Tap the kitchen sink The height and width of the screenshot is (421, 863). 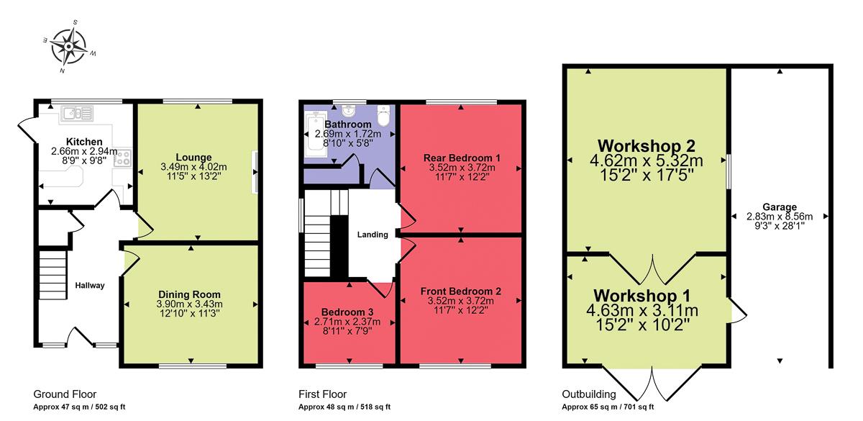pos(77,113)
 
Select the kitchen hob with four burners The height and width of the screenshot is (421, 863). pos(122,158)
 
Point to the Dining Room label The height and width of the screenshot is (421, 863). pos(191,294)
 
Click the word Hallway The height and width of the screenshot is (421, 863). pos(90,286)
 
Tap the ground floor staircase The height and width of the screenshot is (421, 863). pos(52,274)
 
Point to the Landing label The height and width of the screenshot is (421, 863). pos(373,235)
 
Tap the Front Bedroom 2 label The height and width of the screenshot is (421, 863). pos(461,291)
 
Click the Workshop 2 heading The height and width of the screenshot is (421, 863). pos(644,143)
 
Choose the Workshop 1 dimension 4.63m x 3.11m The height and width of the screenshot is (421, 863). pos(645,311)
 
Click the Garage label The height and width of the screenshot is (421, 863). pos(780,207)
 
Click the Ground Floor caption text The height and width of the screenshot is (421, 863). pos(65,394)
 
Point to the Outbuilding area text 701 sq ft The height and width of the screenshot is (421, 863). pos(634,407)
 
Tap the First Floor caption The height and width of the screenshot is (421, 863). pos(322,394)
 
